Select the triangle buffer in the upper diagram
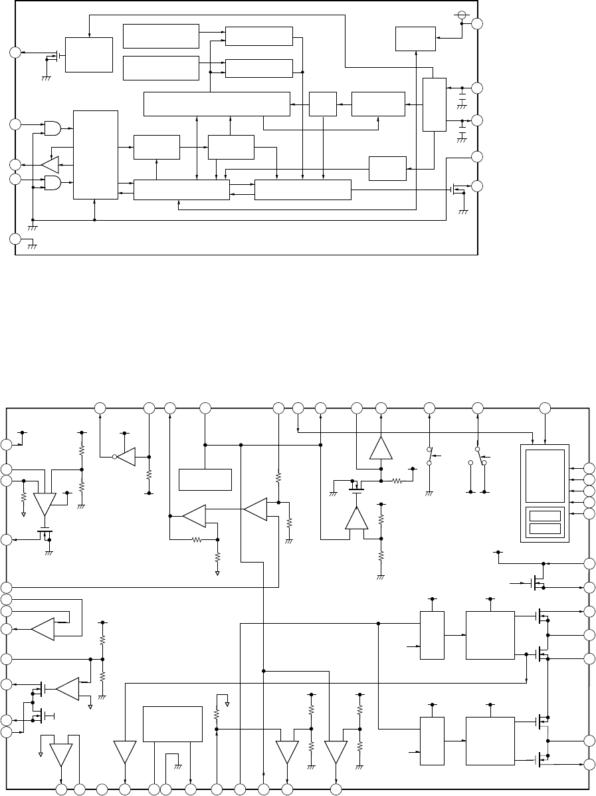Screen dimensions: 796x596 (x=50, y=164)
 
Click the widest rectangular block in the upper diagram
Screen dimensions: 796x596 (x=217, y=104)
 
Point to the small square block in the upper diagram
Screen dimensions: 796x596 (x=322, y=104)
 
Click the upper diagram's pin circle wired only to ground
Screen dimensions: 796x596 (x=15, y=239)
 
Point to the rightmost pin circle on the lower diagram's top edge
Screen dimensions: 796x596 (x=546, y=407)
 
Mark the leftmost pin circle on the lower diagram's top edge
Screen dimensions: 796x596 (x=100, y=407)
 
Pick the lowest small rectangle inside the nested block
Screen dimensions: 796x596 (x=545, y=529)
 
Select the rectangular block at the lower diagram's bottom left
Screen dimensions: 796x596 (x=173, y=724)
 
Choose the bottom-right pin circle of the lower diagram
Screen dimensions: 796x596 (x=589, y=763)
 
